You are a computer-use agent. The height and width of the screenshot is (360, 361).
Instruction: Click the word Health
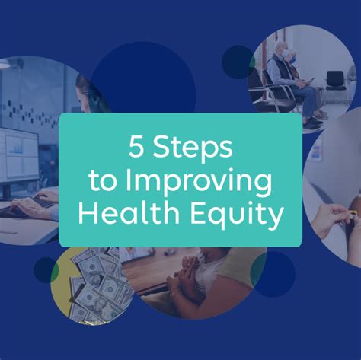click(129, 214)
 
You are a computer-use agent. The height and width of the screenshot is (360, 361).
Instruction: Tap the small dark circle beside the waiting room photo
click(238, 62)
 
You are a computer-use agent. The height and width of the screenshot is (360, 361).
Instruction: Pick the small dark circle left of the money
click(45, 269)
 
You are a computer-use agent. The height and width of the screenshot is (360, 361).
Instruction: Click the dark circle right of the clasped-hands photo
click(273, 274)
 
